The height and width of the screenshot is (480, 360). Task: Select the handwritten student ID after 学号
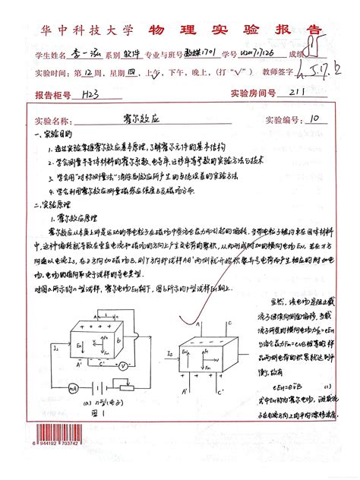click(257, 55)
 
